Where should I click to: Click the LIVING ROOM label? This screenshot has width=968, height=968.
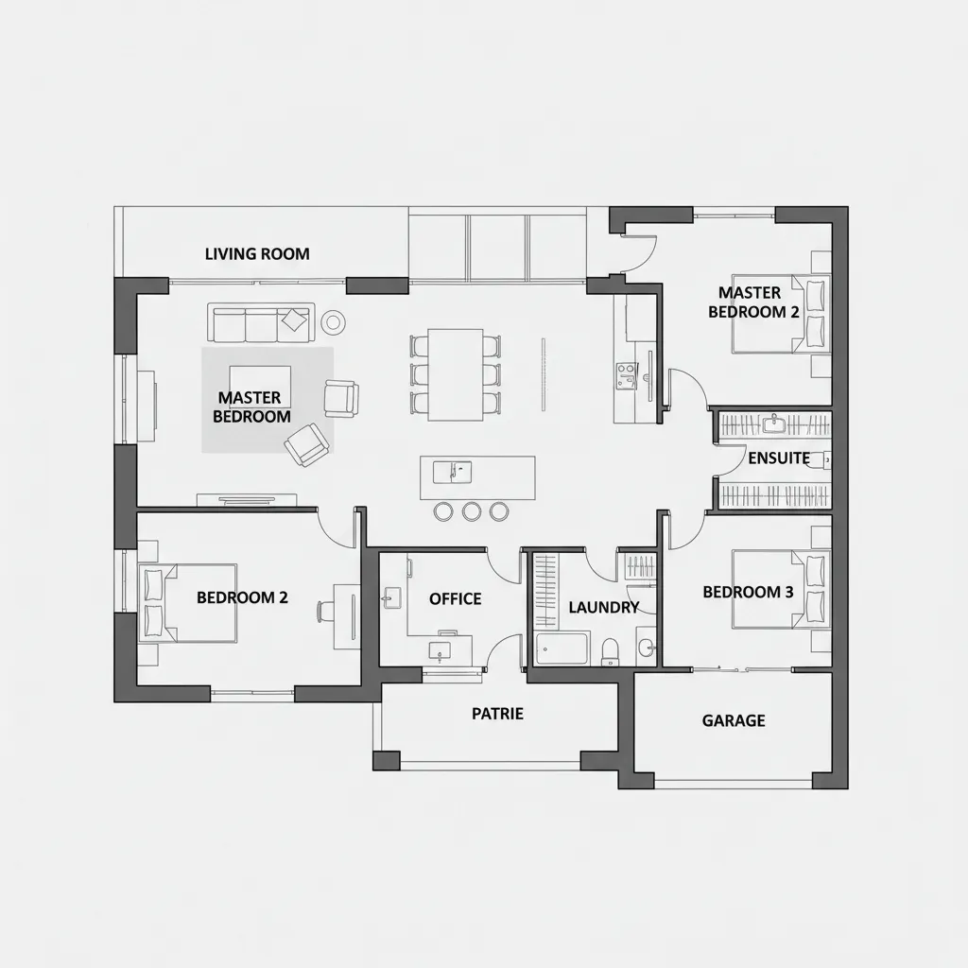click(x=257, y=254)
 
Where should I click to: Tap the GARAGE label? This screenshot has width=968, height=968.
click(x=734, y=720)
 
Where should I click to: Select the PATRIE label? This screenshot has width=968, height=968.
click(x=497, y=714)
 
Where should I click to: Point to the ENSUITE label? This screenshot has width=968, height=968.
click(x=779, y=458)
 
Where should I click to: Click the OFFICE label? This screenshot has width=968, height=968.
click(x=455, y=598)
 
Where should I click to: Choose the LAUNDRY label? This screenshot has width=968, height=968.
click(x=603, y=608)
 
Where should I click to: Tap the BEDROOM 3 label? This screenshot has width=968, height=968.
click(x=748, y=592)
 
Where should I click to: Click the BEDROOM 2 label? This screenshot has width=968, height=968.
click(x=242, y=597)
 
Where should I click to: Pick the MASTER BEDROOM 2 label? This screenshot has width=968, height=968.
click(x=753, y=302)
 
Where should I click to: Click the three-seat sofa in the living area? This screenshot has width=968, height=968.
click(x=260, y=322)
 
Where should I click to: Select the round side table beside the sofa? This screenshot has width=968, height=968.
click(x=333, y=323)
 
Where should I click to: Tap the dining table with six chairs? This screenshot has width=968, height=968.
click(x=456, y=374)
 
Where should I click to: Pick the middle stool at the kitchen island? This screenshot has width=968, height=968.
click(x=472, y=511)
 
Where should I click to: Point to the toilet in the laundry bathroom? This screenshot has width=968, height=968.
click(x=611, y=648)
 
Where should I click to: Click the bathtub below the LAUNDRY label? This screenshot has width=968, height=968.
click(x=562, y=649)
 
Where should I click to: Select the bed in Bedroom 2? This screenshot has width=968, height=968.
click(x=189, y=603)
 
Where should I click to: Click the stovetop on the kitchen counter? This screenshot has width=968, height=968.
click(x=626, y=375)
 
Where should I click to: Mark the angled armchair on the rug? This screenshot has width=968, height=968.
click(x=307, y=444)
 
